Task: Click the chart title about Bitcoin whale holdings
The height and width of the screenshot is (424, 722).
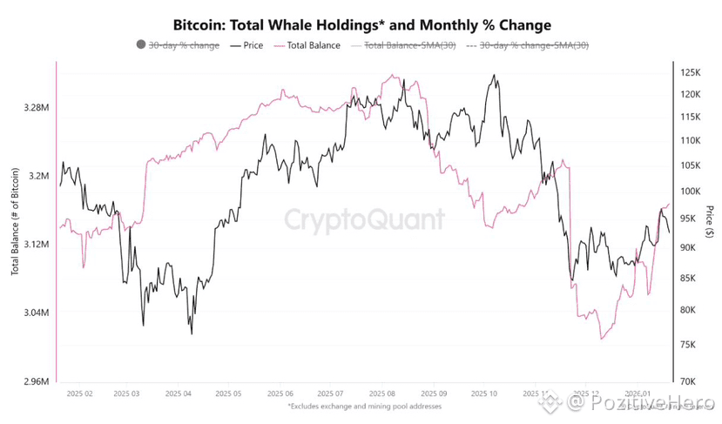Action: point(361,24)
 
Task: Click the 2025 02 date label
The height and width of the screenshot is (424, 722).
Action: point(80,394)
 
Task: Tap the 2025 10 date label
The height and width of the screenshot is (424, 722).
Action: point(482,394)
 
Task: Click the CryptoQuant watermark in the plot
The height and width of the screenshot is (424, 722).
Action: point(365,219)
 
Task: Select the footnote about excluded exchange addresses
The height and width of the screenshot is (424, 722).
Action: point(363,406)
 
